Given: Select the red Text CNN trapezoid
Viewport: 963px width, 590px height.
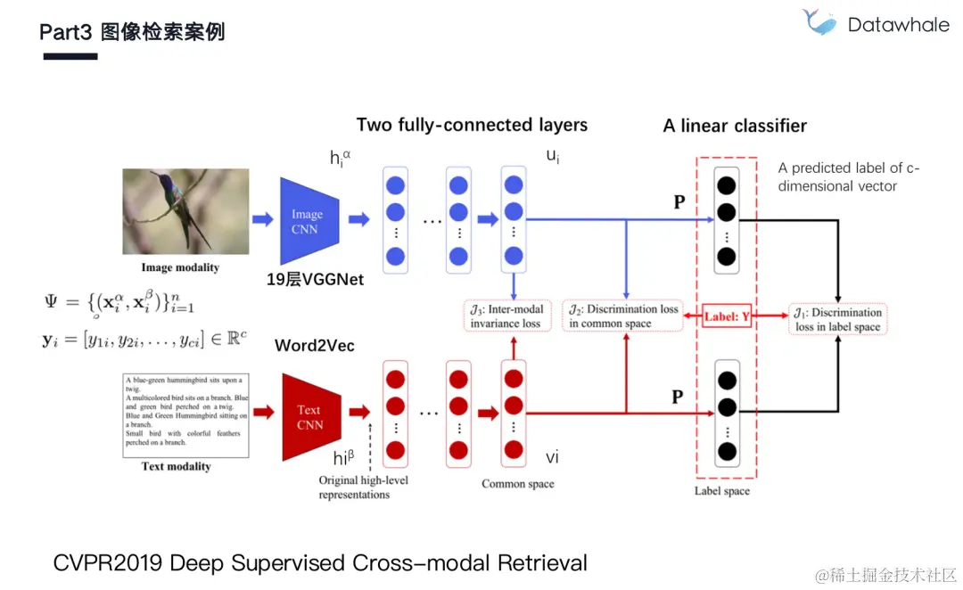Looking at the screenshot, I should pos(309,417).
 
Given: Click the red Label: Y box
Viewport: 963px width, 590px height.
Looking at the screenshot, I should pos(727,316).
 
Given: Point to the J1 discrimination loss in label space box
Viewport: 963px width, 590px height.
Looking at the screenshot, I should pos(838,320).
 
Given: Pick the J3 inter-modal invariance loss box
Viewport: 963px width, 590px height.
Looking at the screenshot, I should pos(506,316).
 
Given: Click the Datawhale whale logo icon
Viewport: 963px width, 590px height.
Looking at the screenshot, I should pos(819,22).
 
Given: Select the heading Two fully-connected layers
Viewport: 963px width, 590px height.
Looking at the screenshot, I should pos(472,125).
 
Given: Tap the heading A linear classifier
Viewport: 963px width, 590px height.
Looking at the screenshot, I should pos(735,126).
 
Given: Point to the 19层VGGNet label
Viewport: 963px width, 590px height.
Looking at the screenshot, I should pos(316,279).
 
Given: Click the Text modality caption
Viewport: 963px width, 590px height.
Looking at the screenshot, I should pos(177,466).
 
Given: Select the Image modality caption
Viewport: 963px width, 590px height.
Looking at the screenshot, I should pos(180,267).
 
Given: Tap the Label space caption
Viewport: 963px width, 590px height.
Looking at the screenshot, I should pos(722,491).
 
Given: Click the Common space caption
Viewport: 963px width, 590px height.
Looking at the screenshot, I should pos(517,484).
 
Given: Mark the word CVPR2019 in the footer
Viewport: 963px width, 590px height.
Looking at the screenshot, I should pos(108,563).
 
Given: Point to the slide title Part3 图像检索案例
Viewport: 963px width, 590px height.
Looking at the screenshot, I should pos(132,33).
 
